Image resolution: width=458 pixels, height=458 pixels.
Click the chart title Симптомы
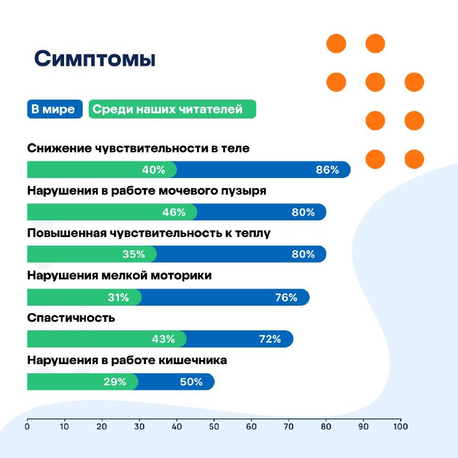[94, 59]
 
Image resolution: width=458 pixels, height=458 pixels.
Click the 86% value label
[327, 169]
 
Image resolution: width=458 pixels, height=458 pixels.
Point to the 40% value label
[153, 169]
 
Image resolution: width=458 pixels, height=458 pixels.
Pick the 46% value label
[174, 212]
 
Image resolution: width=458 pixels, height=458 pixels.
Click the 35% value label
[134, 254]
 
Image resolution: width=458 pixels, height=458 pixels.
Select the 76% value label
[286, 297]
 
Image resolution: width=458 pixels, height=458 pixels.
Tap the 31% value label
[119, 297]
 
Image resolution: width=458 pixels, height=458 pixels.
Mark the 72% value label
[270, 339]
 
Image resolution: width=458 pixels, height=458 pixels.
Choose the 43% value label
[163, 339]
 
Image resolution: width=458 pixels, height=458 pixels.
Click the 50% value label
[191, 382]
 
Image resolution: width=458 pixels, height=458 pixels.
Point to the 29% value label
[115, 382]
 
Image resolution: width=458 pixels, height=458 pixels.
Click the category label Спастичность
[71, 318]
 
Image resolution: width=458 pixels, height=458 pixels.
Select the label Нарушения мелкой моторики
[120, 275]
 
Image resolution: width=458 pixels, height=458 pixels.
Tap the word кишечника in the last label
[193, 360]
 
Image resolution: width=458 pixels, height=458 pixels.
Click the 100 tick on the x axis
[400, 427]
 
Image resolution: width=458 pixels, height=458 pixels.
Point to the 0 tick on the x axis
[27, 427]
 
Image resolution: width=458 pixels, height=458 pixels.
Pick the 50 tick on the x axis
[214, 427]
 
